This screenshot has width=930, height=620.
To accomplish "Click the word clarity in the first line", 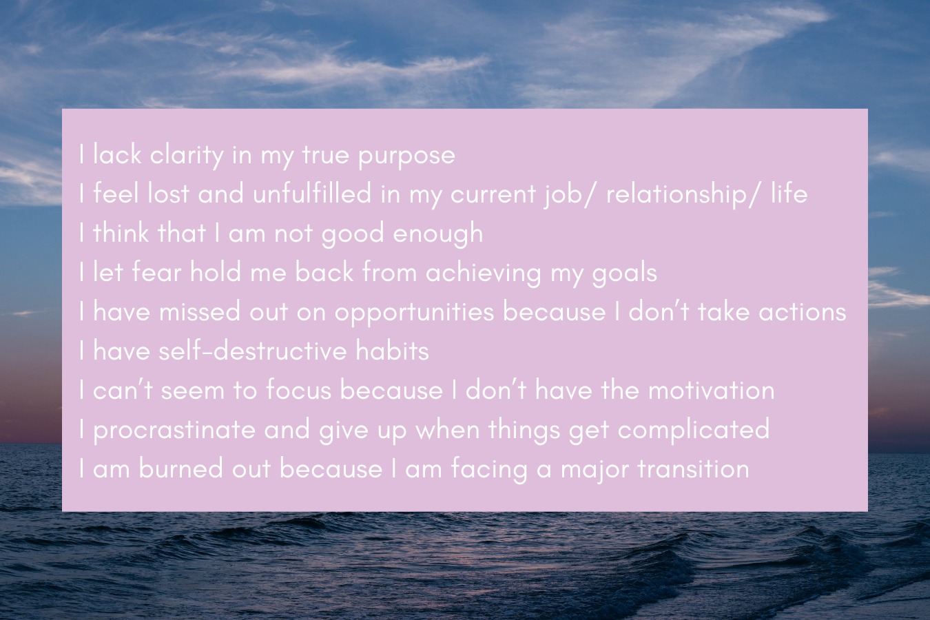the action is (187, 156).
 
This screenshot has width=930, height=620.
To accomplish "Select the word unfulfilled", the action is (312, 194).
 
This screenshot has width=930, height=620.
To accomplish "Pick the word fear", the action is (156, 272).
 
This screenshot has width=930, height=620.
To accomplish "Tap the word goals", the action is (624, 274).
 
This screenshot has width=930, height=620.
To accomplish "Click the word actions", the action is (802, 312).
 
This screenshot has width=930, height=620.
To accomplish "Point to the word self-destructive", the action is (252, 351).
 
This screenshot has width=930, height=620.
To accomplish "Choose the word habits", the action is (393, 351).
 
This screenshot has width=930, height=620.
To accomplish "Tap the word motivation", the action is (711, 391).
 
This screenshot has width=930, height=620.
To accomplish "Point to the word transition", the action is (693, 469).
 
